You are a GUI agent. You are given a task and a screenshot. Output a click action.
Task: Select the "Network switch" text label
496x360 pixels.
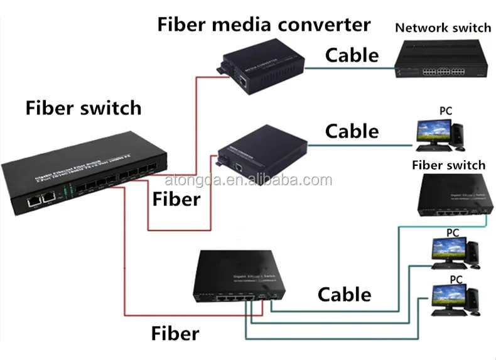coord(443,28)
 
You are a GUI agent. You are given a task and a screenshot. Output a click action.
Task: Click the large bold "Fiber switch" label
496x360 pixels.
coord(83,107)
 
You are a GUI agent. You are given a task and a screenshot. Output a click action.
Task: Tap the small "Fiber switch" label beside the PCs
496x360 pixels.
coord(448,165)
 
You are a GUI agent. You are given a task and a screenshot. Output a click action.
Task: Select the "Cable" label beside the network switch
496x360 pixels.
coord(352,55)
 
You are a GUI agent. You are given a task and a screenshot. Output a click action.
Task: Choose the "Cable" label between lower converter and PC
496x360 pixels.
coord(352,131)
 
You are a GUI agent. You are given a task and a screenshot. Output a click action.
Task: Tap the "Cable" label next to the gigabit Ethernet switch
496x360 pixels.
coord(344,294)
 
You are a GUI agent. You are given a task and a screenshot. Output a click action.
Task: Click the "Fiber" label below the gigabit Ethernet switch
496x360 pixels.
coord(175,333)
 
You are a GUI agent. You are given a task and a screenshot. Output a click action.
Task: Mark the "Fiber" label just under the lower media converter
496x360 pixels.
coord(176,199)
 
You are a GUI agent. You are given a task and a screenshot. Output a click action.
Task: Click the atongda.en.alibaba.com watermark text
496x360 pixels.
coord(248,181)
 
